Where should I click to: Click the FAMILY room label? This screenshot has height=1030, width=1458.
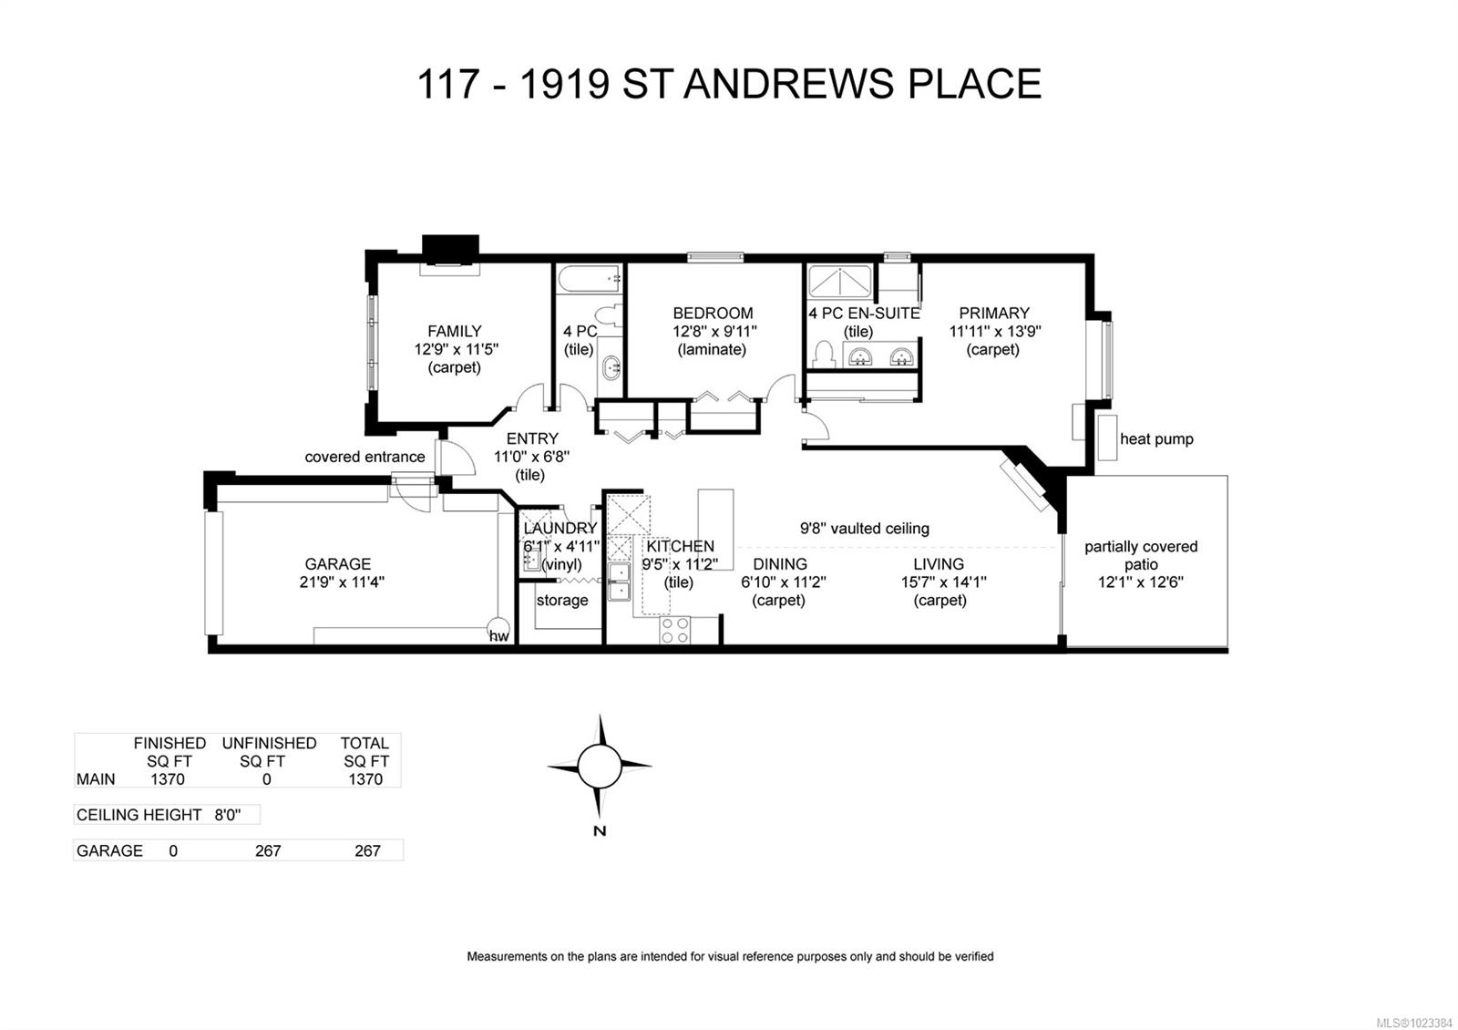(x=454, y=331)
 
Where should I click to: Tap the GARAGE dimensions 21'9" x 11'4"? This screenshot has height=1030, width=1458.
(x=342, y=582)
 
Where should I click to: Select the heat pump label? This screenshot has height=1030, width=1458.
(x=1155, y=438)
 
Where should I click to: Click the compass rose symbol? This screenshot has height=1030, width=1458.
(x=600, y=766)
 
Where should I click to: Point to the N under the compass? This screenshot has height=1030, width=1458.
(x=599, y=830)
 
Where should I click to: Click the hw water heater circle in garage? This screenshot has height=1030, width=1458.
(x=498, y=634)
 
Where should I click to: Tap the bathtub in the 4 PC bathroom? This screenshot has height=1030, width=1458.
(x=589, y=277)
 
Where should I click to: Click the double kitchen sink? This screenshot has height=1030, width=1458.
(x=619, y=582)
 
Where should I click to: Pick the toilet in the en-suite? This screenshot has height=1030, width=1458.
(x=825, y=353)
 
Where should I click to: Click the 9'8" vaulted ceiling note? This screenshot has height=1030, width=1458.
(x=865, y=528)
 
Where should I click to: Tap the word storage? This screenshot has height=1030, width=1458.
(x=561, y=600)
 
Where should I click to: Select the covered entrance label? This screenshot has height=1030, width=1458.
(x=364, y=457)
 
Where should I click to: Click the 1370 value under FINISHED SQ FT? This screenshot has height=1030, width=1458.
(x=167, y=778)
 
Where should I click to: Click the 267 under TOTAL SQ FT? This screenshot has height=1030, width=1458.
(x=366, y=850)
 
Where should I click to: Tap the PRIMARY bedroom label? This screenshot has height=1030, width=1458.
(x=993, y=313)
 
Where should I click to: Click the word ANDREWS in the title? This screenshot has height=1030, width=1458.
(x=788, y=84)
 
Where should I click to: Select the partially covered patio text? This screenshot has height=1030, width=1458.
(x=1141, y=555)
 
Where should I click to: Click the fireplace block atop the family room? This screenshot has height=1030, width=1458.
(x=450, y=248)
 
